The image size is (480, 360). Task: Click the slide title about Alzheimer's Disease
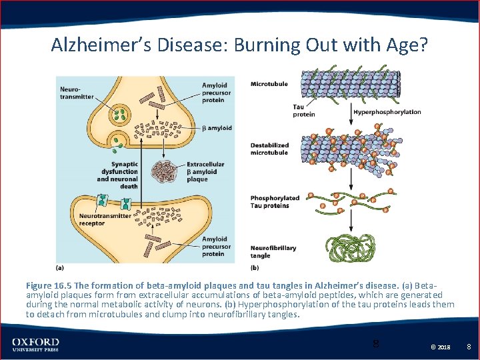pos(239,45)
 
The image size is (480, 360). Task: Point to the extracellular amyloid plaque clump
pos(165,172)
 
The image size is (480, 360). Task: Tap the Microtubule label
pos(268,84)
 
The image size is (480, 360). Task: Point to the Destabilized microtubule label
pos(269,149)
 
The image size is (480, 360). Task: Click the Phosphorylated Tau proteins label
pos(275,202)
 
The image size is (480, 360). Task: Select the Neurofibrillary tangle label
pos(273,252)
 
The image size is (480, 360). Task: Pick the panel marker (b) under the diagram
pos(255,268)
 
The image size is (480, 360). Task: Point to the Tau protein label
pos(304,111)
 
